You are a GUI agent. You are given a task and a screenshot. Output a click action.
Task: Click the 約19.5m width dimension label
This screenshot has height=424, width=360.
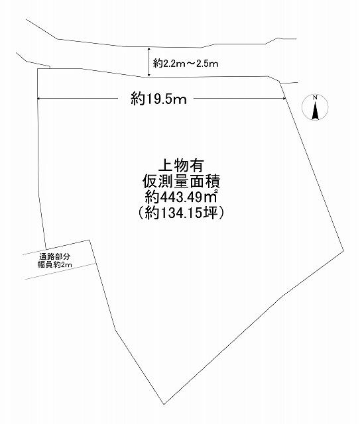159,99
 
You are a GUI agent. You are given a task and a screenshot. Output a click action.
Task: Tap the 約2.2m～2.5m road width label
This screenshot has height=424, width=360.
186,64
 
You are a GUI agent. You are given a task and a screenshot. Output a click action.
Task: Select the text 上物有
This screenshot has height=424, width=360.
181,166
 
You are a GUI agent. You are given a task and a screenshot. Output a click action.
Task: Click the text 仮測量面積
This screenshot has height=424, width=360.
181,182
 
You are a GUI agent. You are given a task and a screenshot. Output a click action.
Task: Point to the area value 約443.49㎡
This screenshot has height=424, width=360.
181,197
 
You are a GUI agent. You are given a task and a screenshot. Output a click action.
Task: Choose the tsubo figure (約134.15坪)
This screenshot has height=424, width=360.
181,213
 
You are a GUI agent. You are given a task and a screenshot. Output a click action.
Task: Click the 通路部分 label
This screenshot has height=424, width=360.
54,256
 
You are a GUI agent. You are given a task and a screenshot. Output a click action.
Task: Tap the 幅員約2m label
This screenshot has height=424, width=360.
54,264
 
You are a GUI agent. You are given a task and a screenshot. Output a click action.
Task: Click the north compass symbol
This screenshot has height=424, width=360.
315,107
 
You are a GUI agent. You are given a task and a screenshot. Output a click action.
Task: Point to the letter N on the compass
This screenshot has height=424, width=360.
315,98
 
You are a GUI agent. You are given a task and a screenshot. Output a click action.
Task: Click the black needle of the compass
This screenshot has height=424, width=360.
315,111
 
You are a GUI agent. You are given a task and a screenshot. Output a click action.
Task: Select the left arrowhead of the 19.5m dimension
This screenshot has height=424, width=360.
38,99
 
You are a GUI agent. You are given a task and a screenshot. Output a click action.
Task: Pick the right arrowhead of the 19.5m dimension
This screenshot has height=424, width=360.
284,99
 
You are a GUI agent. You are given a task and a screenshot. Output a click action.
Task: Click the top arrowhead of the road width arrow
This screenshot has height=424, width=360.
149,48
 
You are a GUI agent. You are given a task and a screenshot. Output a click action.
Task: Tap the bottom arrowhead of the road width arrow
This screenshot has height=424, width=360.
149,75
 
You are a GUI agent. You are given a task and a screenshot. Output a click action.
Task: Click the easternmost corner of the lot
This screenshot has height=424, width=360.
344,251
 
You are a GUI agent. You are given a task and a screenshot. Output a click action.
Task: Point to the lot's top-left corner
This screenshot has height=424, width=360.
37,69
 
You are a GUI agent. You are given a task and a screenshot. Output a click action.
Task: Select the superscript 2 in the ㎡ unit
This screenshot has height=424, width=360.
215,191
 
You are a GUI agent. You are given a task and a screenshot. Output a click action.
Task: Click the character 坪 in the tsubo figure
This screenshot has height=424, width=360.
211,213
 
